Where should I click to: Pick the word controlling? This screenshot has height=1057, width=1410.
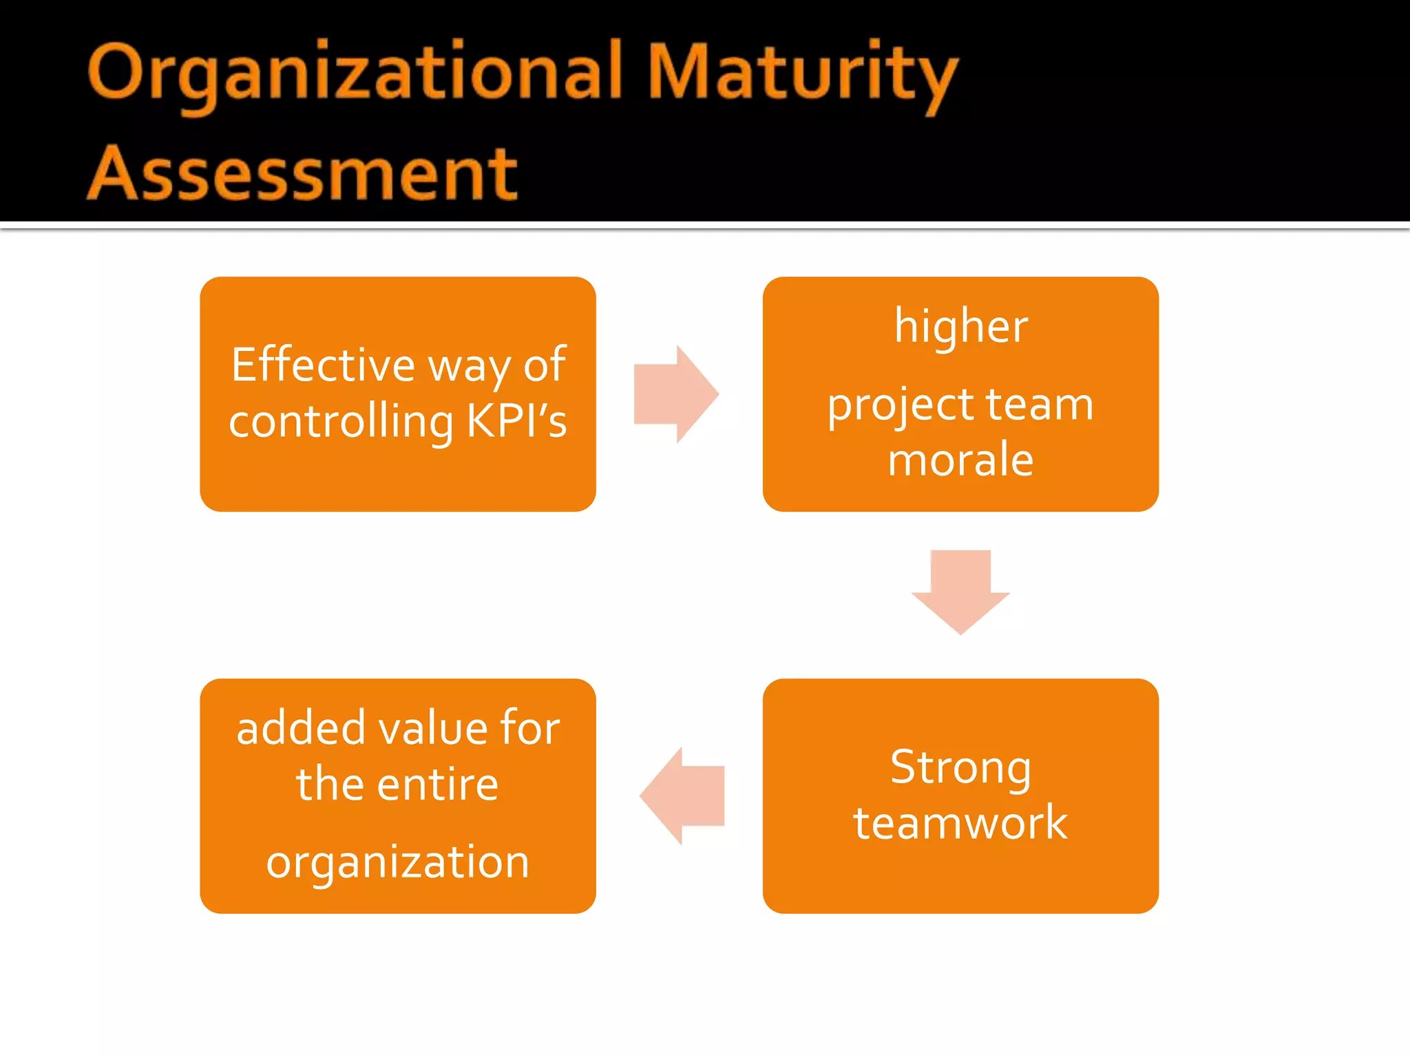[x=341, y=421]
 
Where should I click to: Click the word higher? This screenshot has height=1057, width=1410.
[x=961, y=326]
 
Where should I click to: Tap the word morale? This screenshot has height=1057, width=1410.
[x=961, y=460]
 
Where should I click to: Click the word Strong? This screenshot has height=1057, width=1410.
[x=961, y=767]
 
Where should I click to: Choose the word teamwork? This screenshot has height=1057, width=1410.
[x=961, y=822]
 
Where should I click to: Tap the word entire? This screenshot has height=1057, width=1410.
[x=438, y=784]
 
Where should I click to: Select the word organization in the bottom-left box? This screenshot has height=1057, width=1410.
[x=398, y=863]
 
